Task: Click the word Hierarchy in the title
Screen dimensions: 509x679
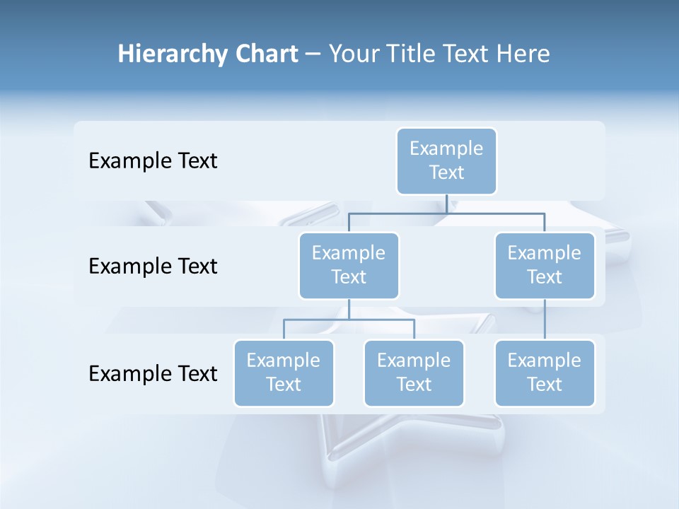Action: [162, 54]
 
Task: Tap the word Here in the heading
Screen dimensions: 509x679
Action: [523, 54]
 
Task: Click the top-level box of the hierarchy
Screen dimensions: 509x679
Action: [446, 160]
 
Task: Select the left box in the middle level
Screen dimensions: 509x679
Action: [349, 265]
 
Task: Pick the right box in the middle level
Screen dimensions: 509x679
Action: [545, 265]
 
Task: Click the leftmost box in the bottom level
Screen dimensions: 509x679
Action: [284, 373]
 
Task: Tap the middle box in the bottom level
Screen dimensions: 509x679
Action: [414, 373]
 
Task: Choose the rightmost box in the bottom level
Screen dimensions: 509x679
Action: [545, 373]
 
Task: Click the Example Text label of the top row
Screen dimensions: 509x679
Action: [153, 161]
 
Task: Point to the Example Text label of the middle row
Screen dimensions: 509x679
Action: [153, 267]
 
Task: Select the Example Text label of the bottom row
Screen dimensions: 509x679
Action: [153, 373]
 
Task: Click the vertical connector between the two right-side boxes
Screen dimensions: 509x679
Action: [545, 320]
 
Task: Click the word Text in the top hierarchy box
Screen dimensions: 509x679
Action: [446, 172]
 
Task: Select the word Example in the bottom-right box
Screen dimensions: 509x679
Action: [545, 361]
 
